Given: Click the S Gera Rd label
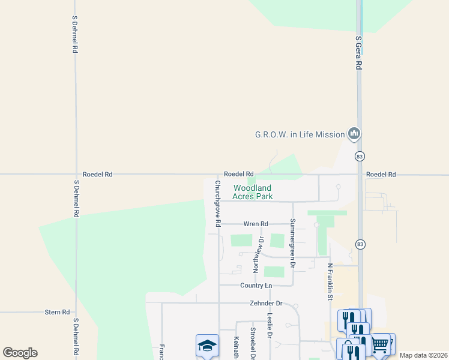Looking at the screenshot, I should pos(358,53).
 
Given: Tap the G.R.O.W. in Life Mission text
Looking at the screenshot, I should pos(300,134).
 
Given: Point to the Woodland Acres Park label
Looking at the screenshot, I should pos(253,192).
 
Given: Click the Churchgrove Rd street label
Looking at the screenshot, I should pos(218,203).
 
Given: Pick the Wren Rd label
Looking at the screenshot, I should pos(255,224).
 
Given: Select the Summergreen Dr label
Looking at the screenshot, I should pos(292,243).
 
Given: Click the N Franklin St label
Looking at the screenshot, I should pos(330,281).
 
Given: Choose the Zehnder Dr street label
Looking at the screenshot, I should pos(266,304).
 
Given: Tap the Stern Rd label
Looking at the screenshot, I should pos(58,313).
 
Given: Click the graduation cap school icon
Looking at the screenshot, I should pos(206,346).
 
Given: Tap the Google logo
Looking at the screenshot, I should pos(20,353).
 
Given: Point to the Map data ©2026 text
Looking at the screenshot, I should pos(423,355).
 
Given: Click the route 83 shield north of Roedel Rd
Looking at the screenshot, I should pos(360,157).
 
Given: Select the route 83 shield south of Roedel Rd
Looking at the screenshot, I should pos(360,245).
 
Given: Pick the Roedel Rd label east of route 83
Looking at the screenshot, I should pos(381,175).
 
